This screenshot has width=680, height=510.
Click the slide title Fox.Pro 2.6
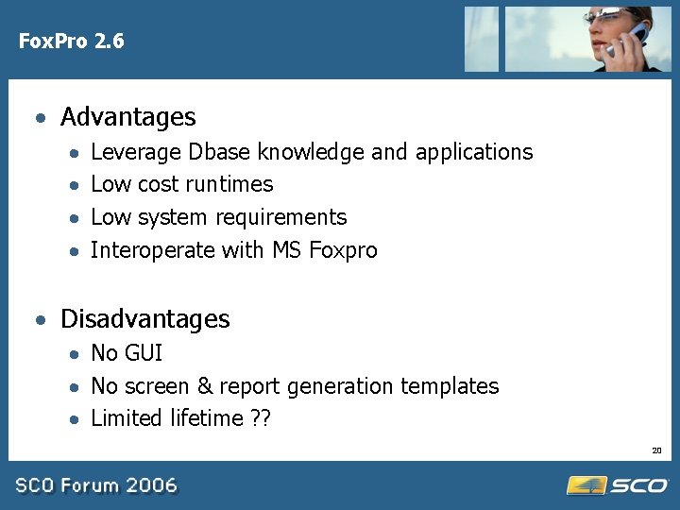point(71,42)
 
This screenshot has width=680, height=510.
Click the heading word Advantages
point(127,117)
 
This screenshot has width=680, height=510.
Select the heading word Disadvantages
point(144,319)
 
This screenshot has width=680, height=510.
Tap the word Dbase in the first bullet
point(219,152)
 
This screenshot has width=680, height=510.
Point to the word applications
point(474,153)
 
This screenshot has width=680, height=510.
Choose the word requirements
point(289,218)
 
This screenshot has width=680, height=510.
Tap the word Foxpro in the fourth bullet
point(343,250)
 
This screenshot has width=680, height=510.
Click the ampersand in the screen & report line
point(205,386)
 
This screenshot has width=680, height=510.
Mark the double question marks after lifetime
point(260,418)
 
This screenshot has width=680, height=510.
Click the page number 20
point(656,450)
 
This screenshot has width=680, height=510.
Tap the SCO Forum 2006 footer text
point(96,485)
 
